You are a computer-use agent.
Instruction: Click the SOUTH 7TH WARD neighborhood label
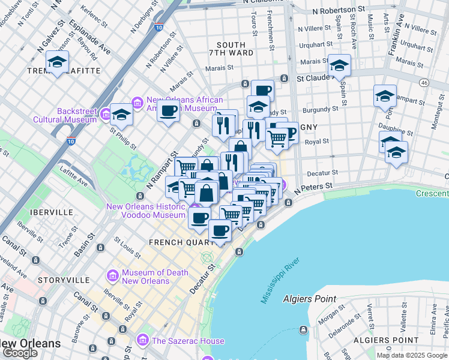231,49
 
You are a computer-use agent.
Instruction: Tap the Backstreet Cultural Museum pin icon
106,113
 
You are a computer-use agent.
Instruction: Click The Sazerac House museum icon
143,341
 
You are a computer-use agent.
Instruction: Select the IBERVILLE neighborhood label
53,212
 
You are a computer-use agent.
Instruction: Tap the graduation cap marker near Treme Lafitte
58,62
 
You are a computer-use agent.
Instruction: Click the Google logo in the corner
20,353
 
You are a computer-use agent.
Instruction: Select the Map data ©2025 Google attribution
412,355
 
